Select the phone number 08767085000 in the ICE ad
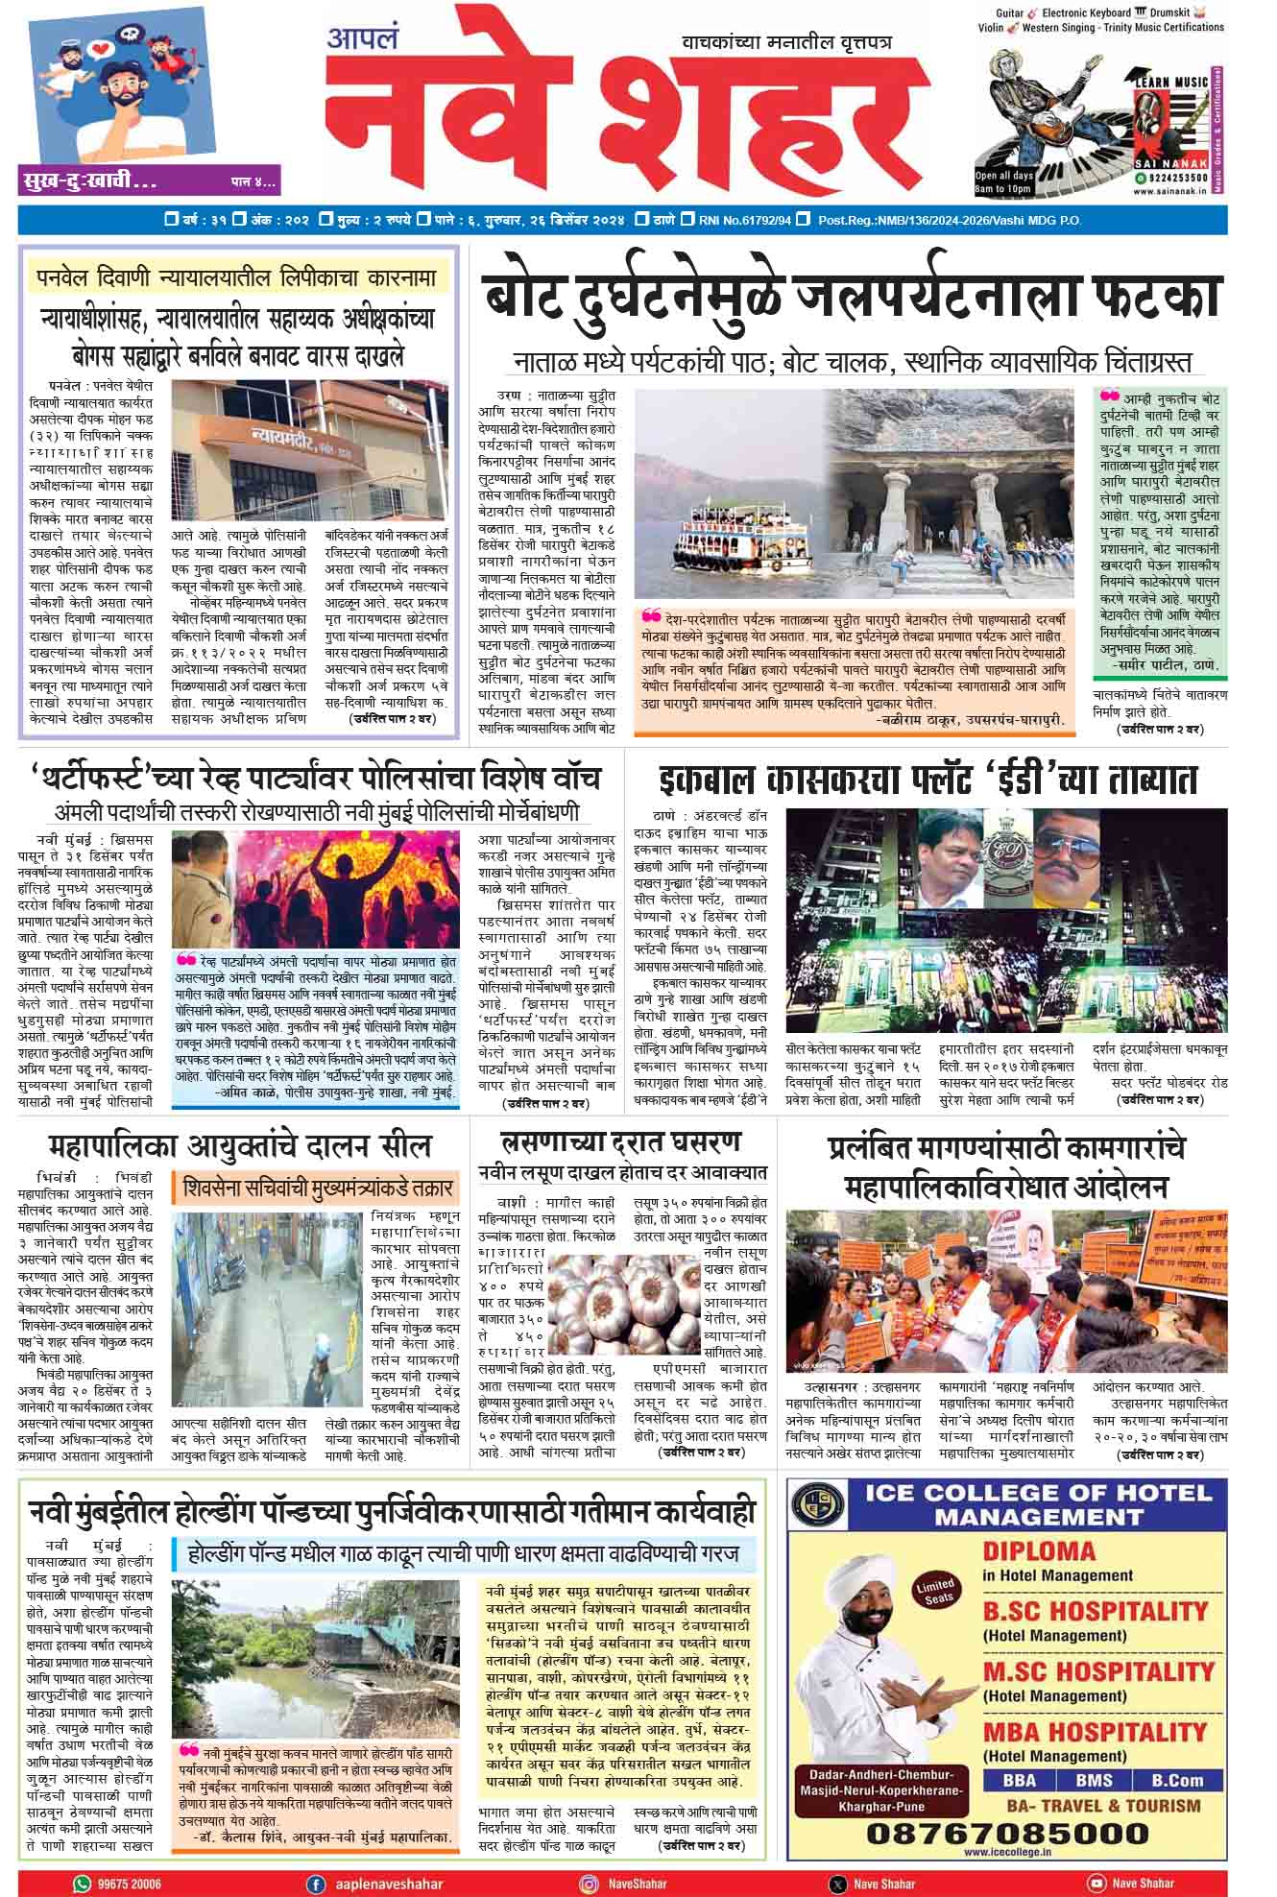click(1007, 1832)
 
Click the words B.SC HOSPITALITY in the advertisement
click(1095, 1610)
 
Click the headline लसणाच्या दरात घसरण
click(621, 1142)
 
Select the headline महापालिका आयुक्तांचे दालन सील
click(240, 1146)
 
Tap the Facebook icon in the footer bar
click(314, 1883)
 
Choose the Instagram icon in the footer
click(588, 1883)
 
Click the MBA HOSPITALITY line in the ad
click(1095, 1731)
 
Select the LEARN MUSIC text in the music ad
click(1170, 83)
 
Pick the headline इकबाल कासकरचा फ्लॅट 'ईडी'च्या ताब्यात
click(928, 780)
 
